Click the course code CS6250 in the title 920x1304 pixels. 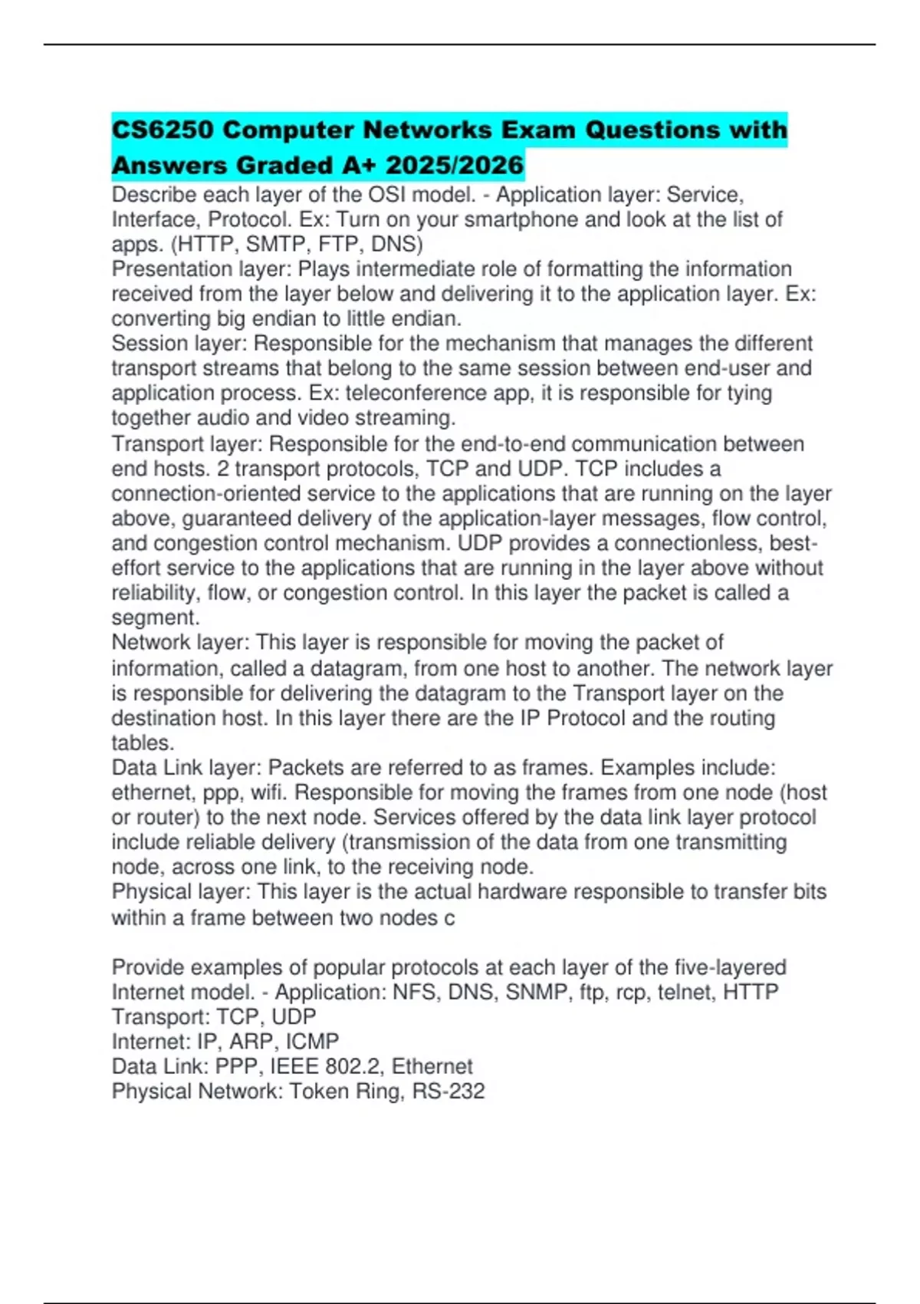pyautogui.click(x=163, y=130)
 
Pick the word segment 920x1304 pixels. pyautogui.click(x=154, y=617)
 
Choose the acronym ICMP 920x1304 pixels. pyautogui.click(x=312, y=1042)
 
